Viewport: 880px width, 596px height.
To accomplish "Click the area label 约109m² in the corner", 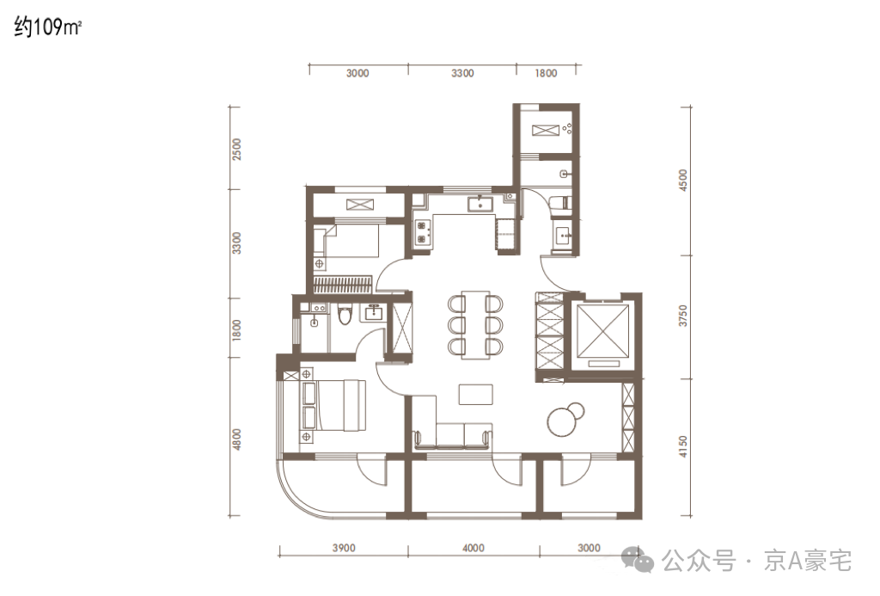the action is (48, 27).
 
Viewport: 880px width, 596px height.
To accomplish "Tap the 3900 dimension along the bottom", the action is (344, 548).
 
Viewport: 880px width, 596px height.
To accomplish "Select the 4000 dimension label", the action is (474, 548).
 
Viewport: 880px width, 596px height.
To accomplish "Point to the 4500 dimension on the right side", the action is (682, 181).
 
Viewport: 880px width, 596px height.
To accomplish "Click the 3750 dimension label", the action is (682, 316).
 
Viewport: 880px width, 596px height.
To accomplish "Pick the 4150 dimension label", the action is (682, 446).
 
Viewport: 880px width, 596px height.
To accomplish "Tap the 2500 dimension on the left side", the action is (236, 150).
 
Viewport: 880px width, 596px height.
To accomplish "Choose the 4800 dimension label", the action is (236, 439).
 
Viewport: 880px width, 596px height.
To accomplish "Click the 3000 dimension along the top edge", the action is (357, 73).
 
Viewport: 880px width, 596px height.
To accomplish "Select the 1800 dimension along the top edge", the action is (546, 73).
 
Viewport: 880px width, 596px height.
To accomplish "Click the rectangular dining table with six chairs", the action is (475, 325).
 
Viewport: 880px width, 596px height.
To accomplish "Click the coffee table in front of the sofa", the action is (475, 395).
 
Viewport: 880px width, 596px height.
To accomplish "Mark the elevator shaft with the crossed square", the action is (602, 331).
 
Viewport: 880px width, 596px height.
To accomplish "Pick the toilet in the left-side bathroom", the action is (345, 314).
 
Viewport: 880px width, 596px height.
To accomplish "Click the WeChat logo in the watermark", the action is (639, 560).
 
